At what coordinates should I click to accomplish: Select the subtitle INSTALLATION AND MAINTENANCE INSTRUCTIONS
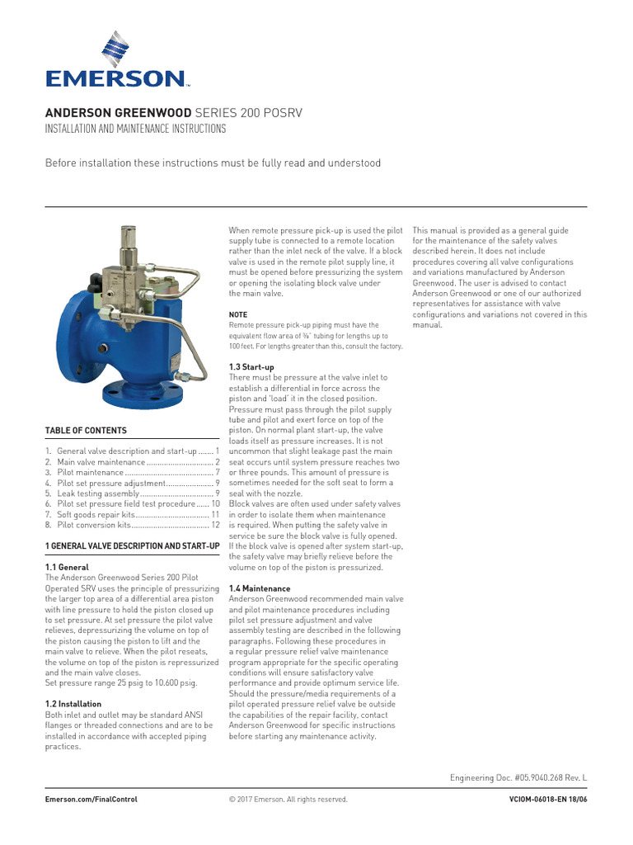pos(135,130)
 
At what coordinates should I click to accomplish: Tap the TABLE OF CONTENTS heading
pos(86,431)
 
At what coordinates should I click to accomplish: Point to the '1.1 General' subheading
pos(67,568)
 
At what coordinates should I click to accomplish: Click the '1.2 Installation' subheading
pos(73,703)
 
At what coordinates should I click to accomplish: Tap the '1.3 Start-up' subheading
pos(251,366)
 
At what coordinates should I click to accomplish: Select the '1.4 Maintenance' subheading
pos(259,588)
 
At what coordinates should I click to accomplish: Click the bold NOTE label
pos(238,314)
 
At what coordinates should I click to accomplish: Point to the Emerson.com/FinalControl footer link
pos(91,800)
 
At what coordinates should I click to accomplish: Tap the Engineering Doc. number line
pos(518,778)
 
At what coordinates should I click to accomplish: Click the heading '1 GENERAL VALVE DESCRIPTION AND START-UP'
pos(132,546)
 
